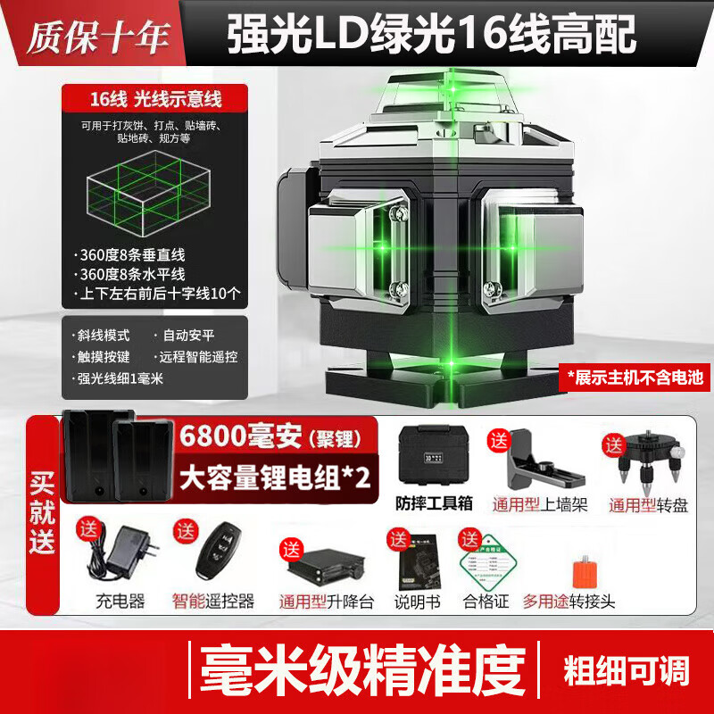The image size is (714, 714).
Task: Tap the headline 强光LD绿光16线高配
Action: pyautogui.click(x=432, y=35)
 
